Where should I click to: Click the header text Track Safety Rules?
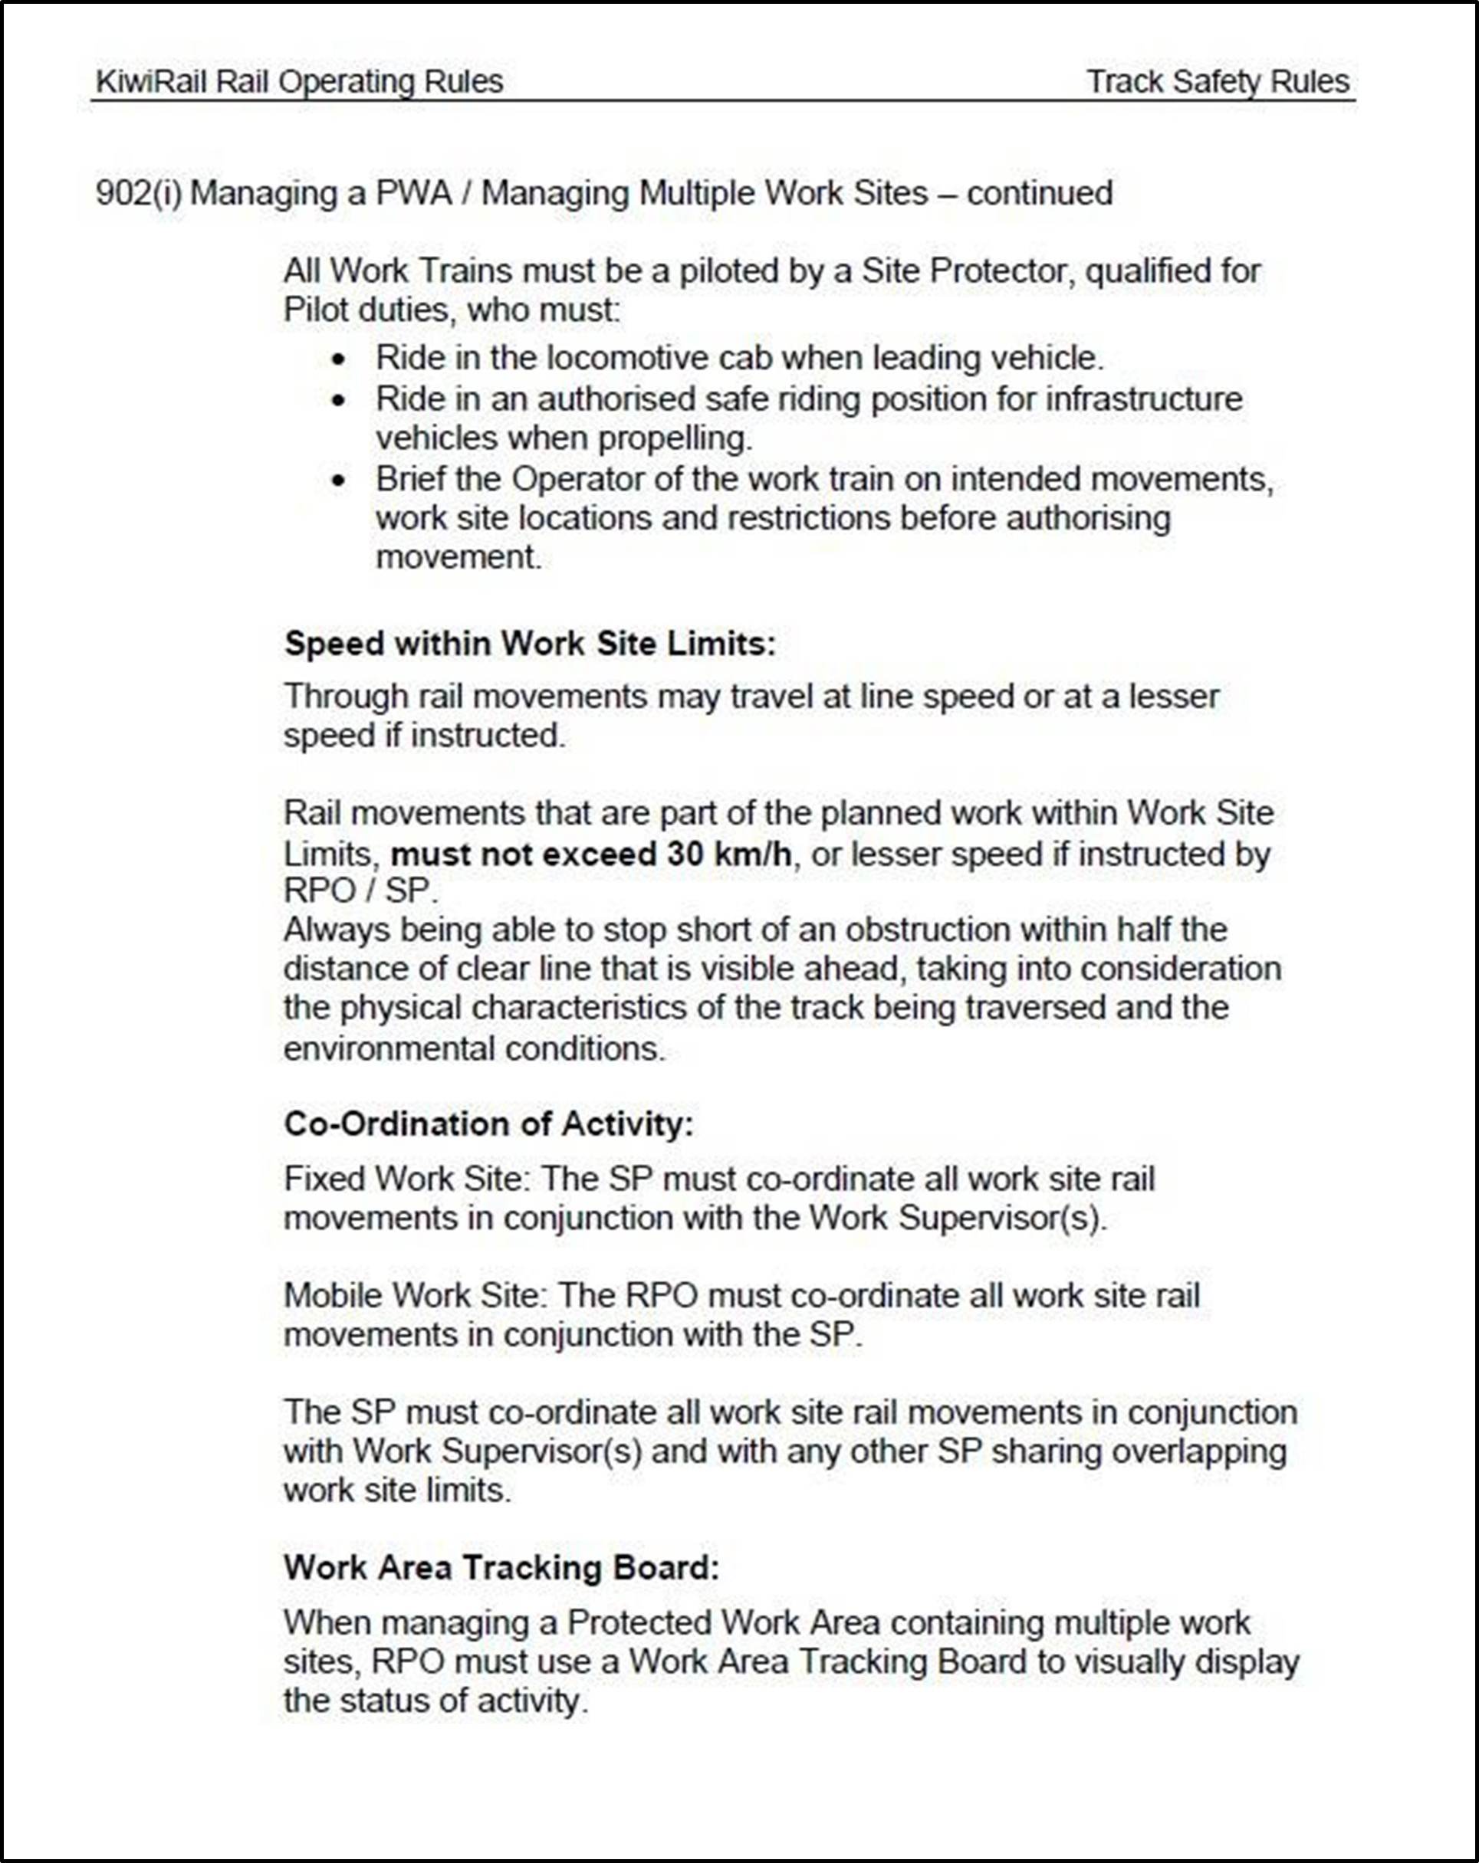click(x=1217, y=82)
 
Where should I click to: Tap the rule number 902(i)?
click(x=138, y=192)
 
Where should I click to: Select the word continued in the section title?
click(x=1039, y=192)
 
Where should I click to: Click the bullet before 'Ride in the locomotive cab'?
click(x=339, y=359)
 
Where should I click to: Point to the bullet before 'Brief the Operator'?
click(x=339, y=481)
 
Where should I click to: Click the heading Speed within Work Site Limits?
click(x=530, y=644)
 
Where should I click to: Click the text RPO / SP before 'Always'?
click(x=360, y=891)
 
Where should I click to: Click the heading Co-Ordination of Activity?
click(x=488, y=1124)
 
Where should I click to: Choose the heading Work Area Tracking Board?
click(x=501, y=1567)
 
